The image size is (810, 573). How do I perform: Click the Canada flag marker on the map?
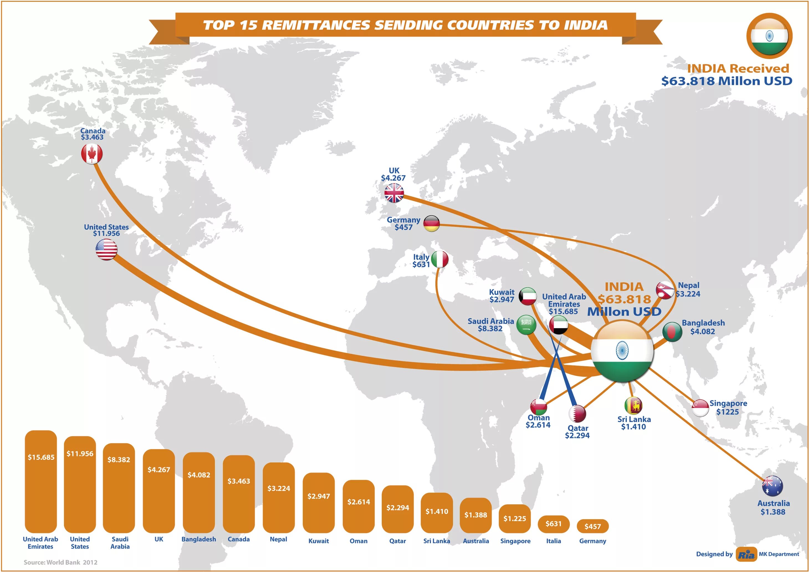tap(92, 154)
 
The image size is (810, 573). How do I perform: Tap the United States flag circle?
tap(106, 249)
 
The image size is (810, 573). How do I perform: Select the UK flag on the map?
tap(394, 193)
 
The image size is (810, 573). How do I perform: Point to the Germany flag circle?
tap(431, 224)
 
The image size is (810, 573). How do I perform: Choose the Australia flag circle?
tap(772, 486)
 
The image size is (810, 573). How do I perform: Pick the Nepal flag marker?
tap(665, 291)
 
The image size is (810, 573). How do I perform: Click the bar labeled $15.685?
tap(41, 481)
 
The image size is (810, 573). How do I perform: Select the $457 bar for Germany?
tap(592, 526)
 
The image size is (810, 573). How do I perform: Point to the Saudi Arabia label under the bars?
tap(120, 543)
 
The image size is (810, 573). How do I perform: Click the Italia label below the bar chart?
tap(553, 541)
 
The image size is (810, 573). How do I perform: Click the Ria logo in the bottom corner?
tap(746, 554)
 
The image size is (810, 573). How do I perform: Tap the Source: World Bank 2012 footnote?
tap(60, 562)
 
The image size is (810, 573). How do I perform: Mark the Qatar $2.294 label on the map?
tap(577, 432)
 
